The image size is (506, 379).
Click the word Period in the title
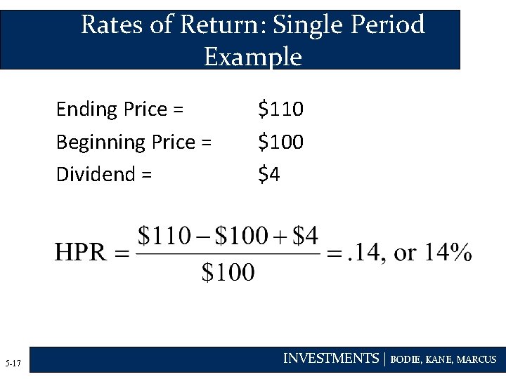389,25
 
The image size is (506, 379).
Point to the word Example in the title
252,56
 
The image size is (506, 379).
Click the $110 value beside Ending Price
280,109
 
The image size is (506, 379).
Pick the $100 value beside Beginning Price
280,142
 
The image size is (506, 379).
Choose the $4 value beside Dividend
269,174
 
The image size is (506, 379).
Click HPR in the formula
82,253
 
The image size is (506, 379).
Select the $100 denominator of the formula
228,272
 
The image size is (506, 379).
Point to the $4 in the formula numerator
306,235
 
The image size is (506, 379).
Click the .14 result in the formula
365,253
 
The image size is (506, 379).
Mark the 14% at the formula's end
446,253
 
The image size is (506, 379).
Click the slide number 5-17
13,364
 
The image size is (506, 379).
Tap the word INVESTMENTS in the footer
330,359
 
